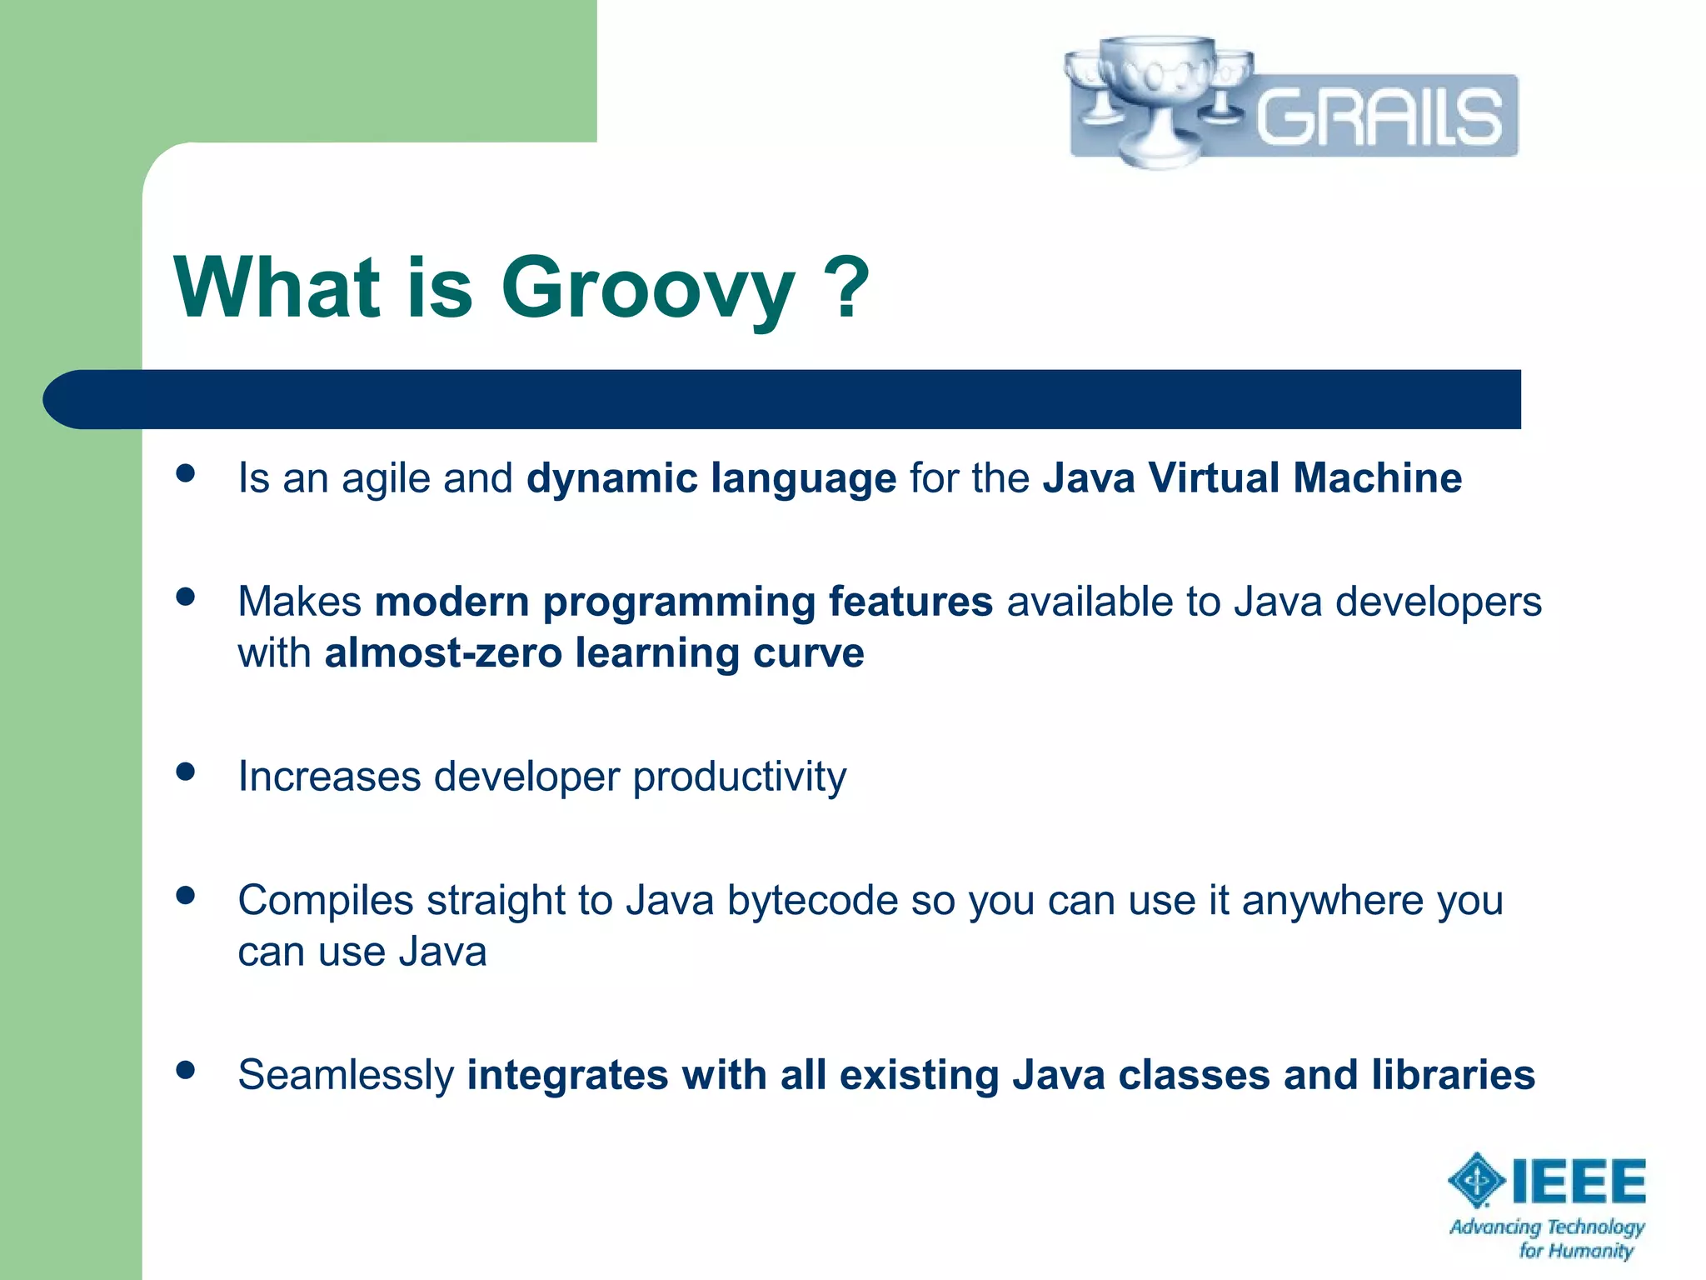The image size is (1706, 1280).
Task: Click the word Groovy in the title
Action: [648, 289]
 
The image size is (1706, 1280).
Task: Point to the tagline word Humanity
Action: [1591, 1251]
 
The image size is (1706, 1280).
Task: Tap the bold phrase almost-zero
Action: [443, 652]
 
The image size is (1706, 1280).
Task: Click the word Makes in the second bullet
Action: [299, 602]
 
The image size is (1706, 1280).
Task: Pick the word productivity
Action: [739, 777]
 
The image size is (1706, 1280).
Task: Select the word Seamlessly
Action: [346, 1075]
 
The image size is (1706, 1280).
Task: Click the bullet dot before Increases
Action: [186, 772]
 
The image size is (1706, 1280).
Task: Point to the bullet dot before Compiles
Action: [186, 895]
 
